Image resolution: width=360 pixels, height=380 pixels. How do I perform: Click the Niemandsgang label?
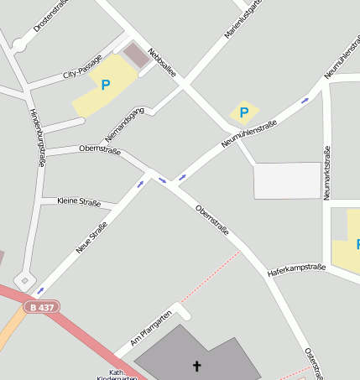point(126,123)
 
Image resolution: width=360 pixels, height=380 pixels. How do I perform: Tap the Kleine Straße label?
point(79,202)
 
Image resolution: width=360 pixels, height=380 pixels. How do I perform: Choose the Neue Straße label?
point(92,235)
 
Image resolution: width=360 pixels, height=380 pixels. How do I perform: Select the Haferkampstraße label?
point(296,270)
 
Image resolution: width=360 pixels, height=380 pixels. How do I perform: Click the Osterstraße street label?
point(314,362)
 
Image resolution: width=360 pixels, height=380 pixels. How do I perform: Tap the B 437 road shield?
point(39,308)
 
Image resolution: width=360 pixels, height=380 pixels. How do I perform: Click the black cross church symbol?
point(197,366)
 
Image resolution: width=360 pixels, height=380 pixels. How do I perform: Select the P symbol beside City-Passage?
point(106,85)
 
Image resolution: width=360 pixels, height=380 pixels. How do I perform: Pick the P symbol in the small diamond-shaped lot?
point(244,112)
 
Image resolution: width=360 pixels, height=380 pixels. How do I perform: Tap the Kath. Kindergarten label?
point(117,375)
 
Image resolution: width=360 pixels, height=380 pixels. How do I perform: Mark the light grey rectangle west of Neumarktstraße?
point(287,180)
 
